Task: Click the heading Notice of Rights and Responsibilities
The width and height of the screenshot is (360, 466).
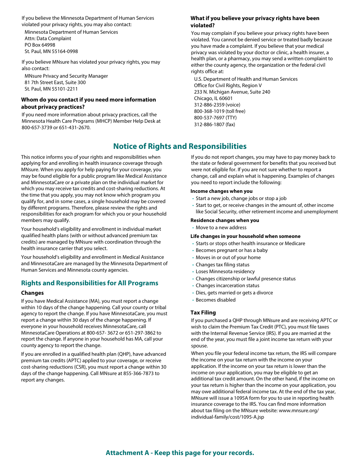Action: point(180,146)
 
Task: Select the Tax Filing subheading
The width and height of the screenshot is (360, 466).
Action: point(203,313)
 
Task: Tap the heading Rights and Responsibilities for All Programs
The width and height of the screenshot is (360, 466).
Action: point(89,283)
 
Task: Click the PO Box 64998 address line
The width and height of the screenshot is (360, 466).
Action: point(40,45)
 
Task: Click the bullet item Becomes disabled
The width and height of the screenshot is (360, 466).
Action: point(215,300)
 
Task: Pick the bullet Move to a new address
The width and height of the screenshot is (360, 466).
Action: point(221,227)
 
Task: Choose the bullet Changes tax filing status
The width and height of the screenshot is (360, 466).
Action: point(222,264)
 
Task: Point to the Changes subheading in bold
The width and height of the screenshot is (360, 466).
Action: point(32,293)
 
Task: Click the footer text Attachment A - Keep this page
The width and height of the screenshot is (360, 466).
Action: point(180,453)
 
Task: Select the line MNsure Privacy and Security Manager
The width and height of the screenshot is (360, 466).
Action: point(66,76)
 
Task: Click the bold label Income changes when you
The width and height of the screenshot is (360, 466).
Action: point(221,191)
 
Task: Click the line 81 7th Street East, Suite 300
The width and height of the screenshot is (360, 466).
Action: point(55,82)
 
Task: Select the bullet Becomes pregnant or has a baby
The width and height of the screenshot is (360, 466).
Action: point(232,250)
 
